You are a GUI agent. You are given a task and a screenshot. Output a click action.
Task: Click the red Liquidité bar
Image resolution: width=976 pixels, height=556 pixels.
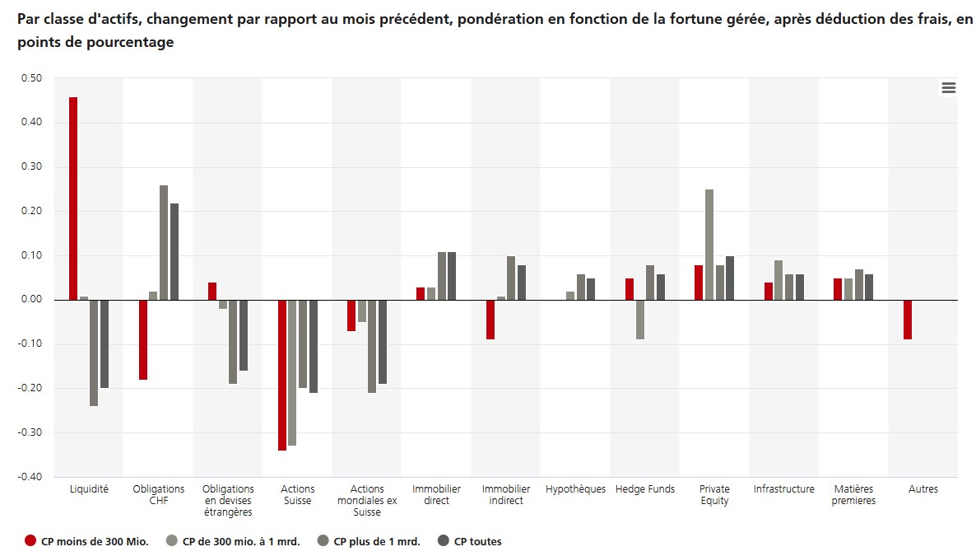click(x=73, y=199)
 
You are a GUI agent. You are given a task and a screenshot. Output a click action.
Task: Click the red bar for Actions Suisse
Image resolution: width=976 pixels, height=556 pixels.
click(x=282, y=375)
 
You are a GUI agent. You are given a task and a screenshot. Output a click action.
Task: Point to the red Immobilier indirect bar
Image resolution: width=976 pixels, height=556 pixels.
click(x=490, y=320)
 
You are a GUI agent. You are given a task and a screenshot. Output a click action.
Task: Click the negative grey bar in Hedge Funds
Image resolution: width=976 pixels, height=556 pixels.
click(x=639, y=320)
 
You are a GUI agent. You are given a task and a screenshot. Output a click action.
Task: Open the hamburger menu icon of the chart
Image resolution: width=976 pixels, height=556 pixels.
click(x=949, y=88)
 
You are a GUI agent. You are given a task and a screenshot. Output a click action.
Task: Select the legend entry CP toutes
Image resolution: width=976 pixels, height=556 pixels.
click(x=477, y=541)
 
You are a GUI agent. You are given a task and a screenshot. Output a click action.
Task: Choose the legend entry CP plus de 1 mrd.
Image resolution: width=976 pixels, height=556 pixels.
click(x=377, y=541)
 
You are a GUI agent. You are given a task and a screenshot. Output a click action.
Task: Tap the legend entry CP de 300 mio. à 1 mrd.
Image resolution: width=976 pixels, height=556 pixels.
click(x=241, y=541)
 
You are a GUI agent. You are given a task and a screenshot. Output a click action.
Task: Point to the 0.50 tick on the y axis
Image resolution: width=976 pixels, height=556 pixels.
click(x=31, y=79)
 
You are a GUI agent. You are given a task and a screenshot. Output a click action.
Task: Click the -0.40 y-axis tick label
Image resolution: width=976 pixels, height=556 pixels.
click(x=30, y=477)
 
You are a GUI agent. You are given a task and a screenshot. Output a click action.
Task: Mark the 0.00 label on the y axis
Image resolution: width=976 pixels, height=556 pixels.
click(x=31, y=300)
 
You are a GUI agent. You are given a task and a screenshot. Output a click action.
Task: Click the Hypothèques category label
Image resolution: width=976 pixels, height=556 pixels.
click(x=575, y=489)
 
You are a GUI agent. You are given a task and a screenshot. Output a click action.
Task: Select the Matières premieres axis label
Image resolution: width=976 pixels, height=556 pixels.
click(x=853, y=495)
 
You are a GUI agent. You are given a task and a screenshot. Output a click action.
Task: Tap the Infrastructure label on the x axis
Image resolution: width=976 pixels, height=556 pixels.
click(x=783, y=489)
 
